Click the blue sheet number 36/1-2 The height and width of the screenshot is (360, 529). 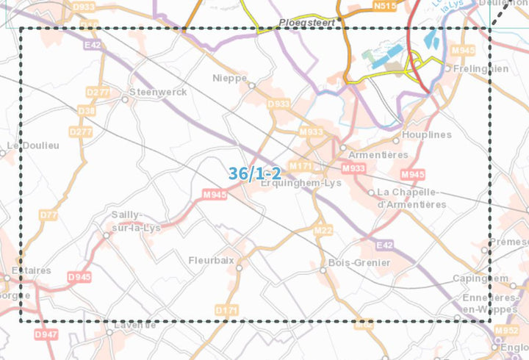click(x=254, y=173)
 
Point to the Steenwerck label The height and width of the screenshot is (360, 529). click(x=157, y=92)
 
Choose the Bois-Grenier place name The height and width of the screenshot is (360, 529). click(x=360, y=262)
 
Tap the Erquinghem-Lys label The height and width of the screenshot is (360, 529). click(x=302, y=184)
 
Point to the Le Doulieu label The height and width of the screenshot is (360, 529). click(x=32, y=145)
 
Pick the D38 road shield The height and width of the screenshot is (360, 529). click(x=86, y=111)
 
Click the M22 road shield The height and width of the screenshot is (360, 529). click(x=323, y=231)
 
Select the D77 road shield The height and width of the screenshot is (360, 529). click(x=48, y=215)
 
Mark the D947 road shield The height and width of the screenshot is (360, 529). click(x=46, y=334)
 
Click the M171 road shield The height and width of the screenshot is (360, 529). click(x=301, y=166)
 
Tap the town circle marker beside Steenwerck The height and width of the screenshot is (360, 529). click(x=125, y=99)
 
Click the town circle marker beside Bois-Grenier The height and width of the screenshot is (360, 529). click(x=323, y=270)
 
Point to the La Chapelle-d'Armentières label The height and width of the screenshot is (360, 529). click(x=410, y=198)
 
